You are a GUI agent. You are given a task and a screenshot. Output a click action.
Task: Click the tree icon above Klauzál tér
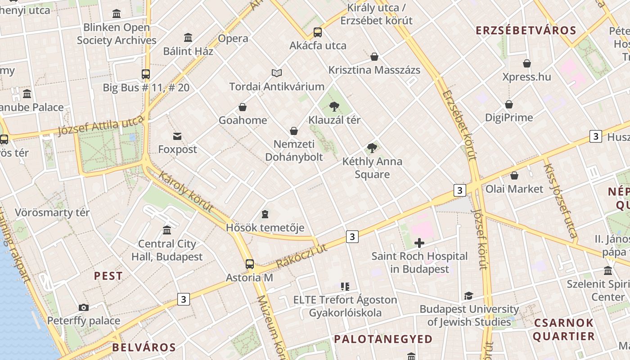(334, 107)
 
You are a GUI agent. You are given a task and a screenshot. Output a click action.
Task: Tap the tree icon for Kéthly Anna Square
(372, 148)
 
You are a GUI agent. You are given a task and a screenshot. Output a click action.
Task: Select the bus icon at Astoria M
(250, 264)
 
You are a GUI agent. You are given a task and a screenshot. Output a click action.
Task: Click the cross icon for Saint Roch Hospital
(419, 243)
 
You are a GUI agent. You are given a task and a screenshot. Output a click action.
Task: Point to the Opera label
(233, 39)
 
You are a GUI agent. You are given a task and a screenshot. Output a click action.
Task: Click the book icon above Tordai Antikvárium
(277, 73)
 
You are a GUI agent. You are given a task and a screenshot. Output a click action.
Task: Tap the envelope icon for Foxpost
(177, 136)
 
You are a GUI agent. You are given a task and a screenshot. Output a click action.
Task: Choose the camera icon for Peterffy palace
(84, 308)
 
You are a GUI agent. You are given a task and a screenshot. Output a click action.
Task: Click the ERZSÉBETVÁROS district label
(526, 31)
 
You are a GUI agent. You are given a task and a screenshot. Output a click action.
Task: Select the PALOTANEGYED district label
(383, 339)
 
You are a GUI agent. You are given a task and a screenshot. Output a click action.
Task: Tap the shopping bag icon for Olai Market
(514, 175)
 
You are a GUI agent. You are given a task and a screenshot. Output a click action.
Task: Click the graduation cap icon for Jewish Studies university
(469, 296)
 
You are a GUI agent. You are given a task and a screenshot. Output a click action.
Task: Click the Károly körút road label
(186, 192)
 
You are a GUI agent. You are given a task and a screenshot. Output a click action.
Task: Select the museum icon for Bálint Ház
(188, 38)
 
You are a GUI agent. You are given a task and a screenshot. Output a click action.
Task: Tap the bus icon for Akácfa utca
(318, 32)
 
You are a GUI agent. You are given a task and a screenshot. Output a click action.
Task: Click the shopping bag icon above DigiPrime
(509, 104)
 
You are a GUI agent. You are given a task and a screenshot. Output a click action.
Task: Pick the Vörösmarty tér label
(52, 212)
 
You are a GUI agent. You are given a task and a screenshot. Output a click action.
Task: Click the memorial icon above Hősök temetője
(265, 214)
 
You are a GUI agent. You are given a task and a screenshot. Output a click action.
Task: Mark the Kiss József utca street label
(560, 200)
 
